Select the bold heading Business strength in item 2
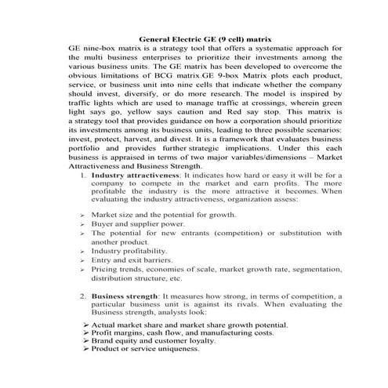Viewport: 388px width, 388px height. [125, 297]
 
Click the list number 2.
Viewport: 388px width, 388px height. [84, 297]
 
